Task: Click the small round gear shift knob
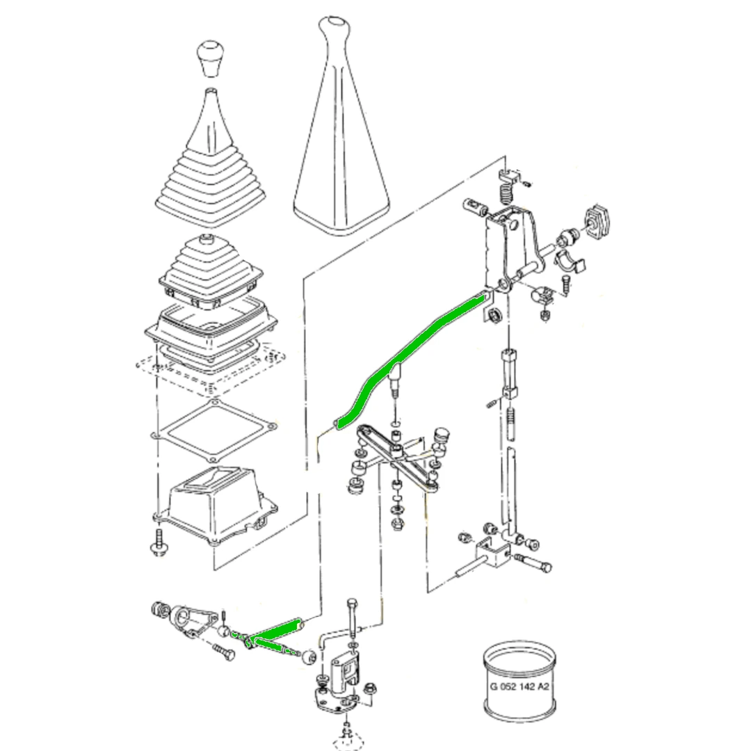[211, 58]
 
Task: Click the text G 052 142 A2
[519, 686]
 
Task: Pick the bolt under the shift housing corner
[158, 542]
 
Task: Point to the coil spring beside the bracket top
[506, 194]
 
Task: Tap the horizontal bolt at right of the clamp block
[533, 563]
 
